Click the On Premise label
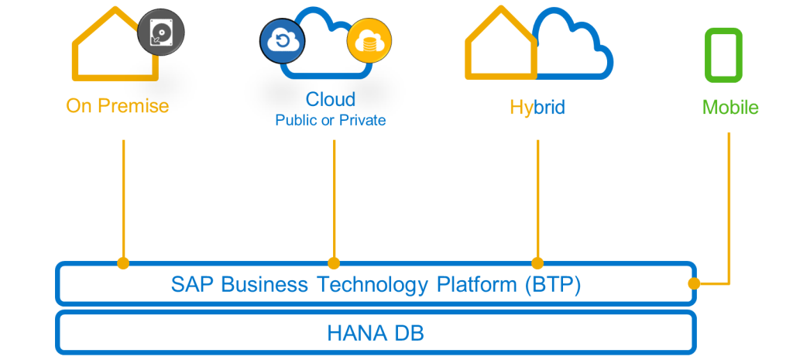point(117,105)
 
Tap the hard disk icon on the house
point(161,33)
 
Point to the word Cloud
point(331,99)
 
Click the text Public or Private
point(331,121)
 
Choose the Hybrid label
point(537,107)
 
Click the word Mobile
point(730,108)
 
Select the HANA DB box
point(376,334)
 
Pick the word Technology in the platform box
point(372,284)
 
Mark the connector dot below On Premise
point(123,263)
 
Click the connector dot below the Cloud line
point(334,263)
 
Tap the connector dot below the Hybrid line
point(537,263)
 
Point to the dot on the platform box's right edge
point(694,283)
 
